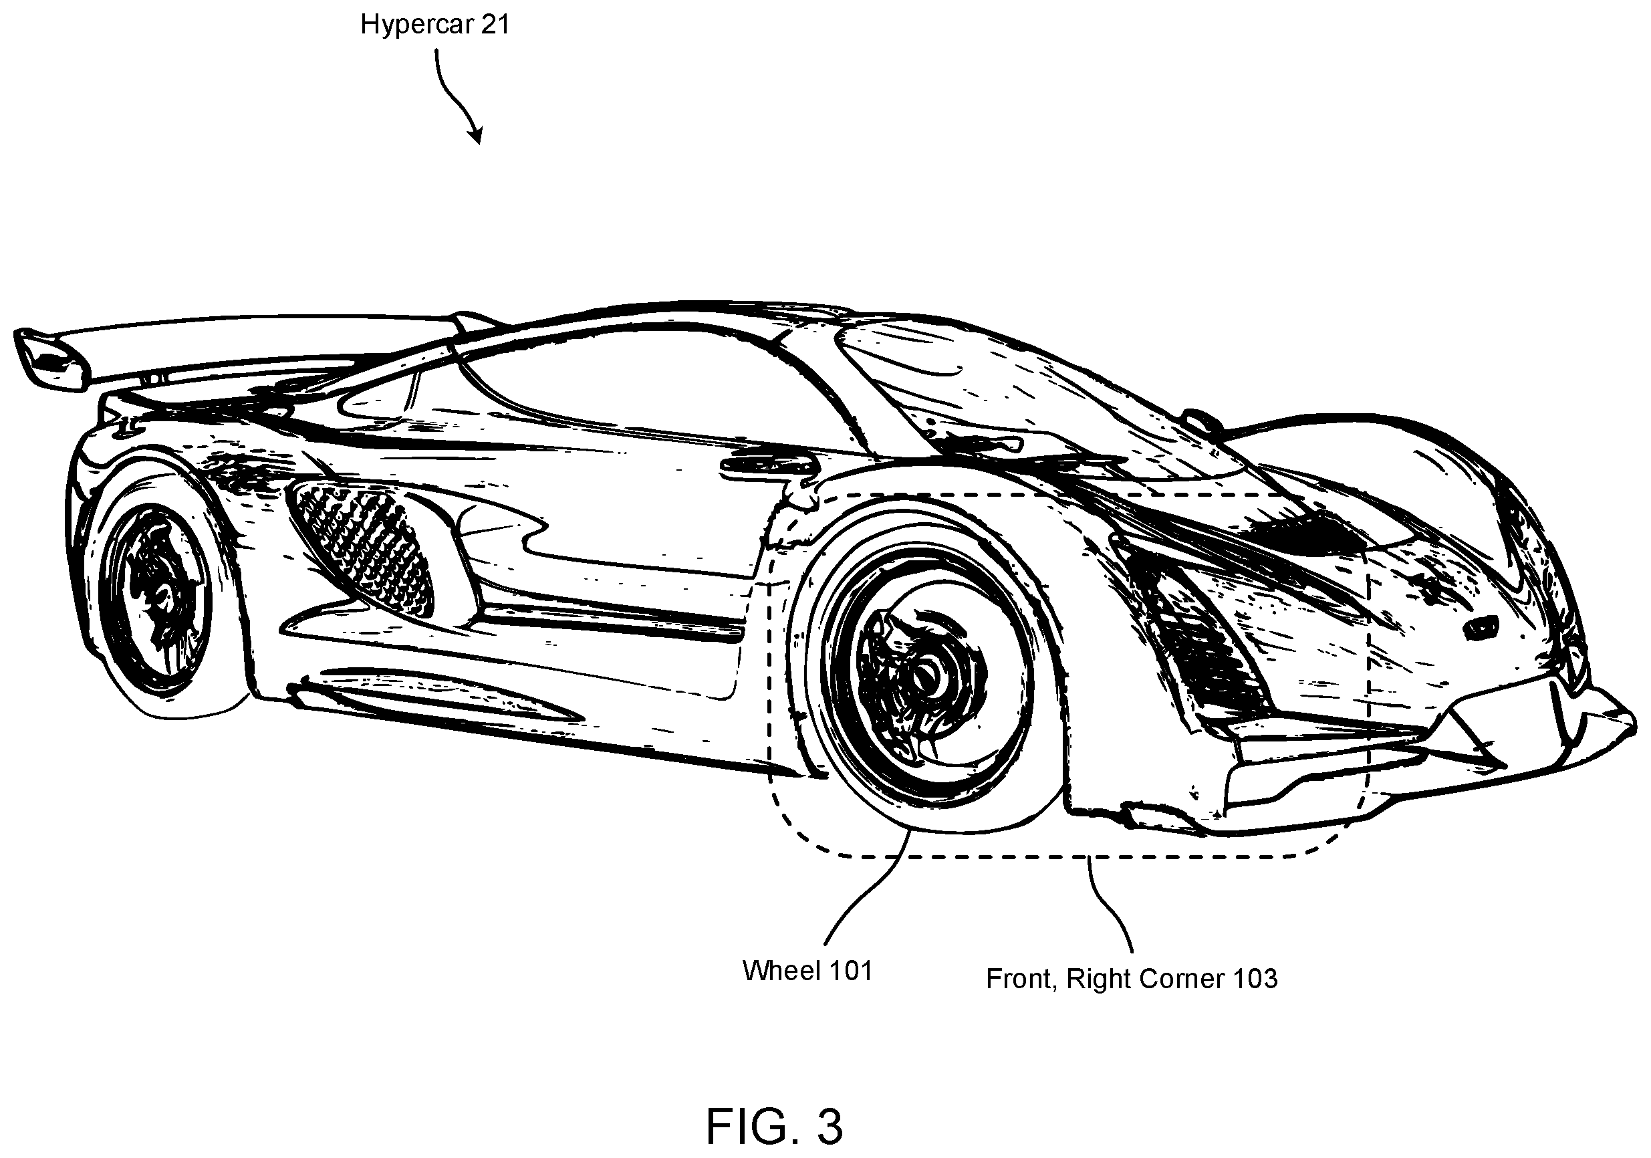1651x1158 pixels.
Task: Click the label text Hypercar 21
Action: coord(435,25)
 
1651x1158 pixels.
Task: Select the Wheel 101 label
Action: coord(807,971)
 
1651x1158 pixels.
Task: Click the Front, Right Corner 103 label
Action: coord(1132,979)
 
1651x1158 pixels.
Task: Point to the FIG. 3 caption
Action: coord(774,1127)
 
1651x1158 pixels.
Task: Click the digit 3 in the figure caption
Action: coord(830,1127)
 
